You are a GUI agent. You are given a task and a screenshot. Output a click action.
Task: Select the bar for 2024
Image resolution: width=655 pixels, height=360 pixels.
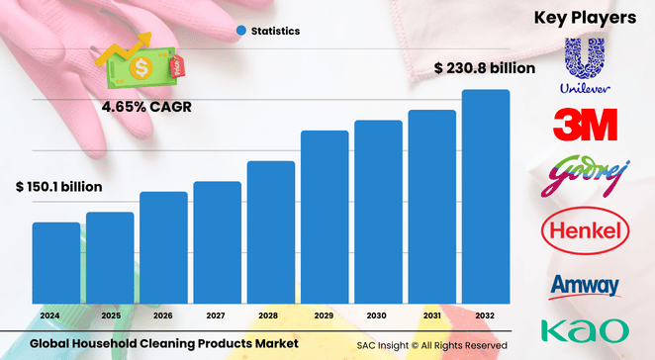click(56, 263)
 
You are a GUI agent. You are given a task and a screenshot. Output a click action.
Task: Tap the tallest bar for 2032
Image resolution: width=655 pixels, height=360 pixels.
click(486, 197)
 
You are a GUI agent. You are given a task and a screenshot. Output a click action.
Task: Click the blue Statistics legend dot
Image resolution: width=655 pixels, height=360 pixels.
click(240, 31)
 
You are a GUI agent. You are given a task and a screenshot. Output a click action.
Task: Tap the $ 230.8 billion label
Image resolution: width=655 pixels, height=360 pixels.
click(485, 68)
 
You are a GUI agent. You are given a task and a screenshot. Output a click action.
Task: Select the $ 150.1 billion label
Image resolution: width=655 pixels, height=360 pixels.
click(58, 186)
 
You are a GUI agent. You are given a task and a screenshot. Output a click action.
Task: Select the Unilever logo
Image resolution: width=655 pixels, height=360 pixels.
click(584, 65)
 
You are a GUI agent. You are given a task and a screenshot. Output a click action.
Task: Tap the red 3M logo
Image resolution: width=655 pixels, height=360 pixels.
click(584, 125)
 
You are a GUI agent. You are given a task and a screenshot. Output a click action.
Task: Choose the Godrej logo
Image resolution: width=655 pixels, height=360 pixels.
click(584, 178)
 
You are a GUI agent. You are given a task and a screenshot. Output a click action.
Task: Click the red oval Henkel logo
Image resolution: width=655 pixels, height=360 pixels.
click(584, 232)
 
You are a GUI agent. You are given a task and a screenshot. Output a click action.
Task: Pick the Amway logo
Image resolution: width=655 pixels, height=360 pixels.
click(584, 286)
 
